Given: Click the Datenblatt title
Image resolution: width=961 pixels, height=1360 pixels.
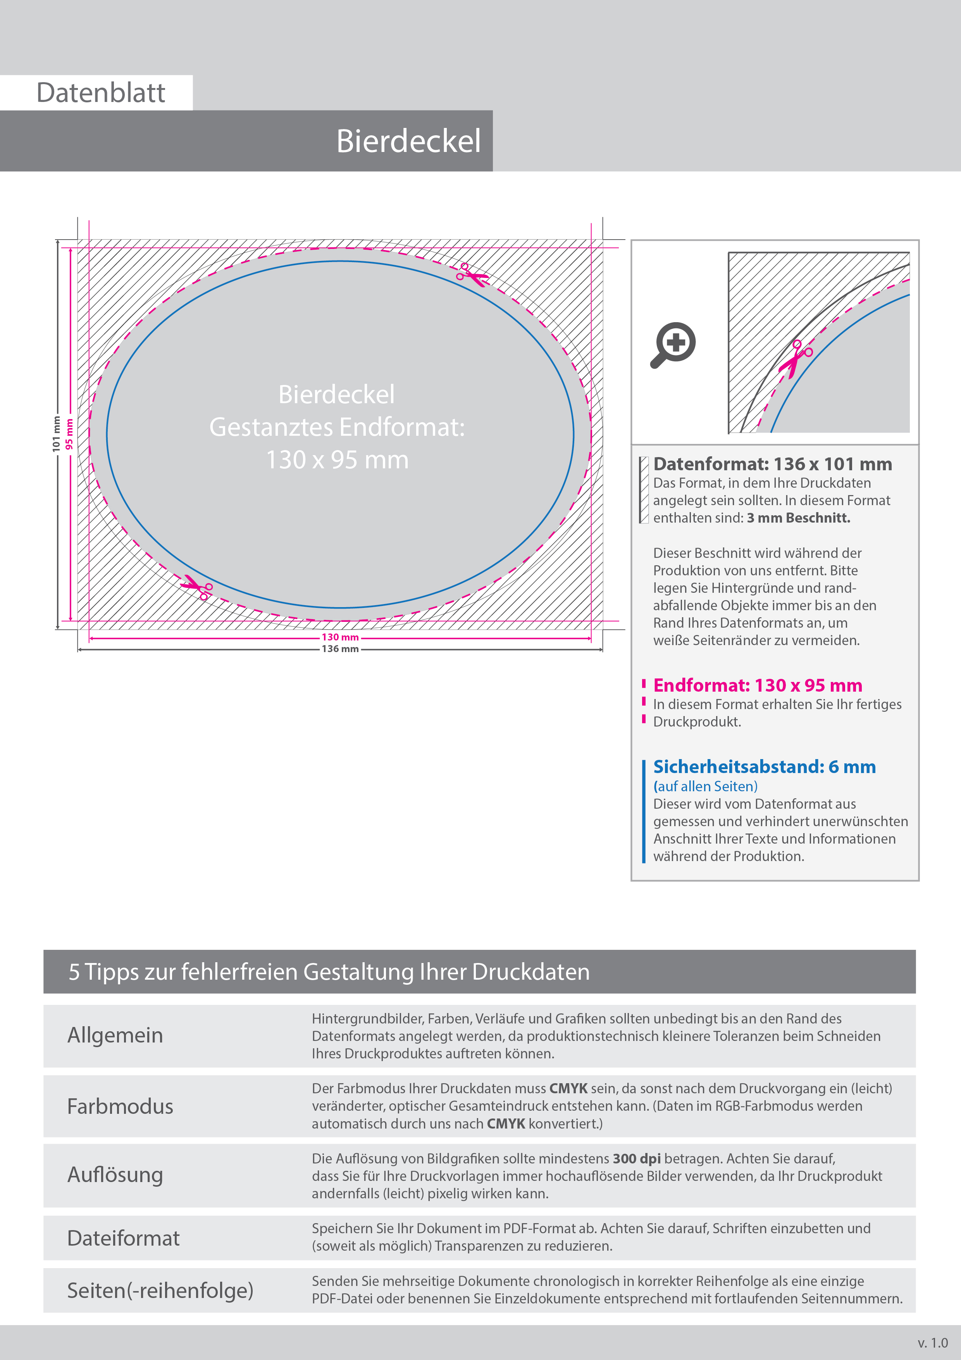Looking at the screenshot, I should (x=101, y=93).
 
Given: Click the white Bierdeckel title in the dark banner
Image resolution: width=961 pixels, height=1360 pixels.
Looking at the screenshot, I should (x=408, y=142).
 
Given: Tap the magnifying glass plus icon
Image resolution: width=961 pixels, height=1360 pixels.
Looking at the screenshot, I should (x=674, y=344).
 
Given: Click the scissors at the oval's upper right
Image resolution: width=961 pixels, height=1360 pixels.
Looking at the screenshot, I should (x=472, y=275).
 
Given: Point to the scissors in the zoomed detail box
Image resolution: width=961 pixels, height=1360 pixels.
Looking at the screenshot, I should (x=796, y=358).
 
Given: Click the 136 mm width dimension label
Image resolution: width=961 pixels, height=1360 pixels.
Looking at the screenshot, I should (x=340, y=649).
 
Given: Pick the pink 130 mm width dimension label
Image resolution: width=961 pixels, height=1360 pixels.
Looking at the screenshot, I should (x=340, y=637).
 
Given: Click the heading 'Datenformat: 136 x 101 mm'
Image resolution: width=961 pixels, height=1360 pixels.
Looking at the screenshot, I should (x=772, y=464).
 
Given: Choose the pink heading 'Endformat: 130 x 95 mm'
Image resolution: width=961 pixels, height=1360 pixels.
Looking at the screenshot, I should (x=757, y=685).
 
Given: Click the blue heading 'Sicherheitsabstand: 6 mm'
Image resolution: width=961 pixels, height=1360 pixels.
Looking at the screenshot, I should (x=764, y=767).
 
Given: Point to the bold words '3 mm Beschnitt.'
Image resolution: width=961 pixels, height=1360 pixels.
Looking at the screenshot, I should (x=798, y=518).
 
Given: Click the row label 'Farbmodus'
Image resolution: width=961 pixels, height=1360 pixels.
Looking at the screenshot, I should (x=120, y=1106).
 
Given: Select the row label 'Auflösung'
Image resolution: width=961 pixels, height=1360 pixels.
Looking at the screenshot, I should (x=115, y=1175).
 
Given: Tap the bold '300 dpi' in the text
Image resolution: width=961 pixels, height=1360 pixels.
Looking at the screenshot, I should (x=637, y=1159).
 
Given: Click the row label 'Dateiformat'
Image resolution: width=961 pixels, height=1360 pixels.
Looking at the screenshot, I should (x=123, y=1239).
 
